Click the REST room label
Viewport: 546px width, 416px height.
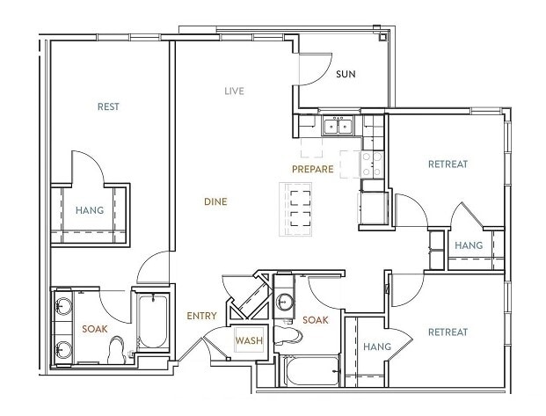tap(108, 106)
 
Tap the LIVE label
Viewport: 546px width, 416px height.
tap(234, 91)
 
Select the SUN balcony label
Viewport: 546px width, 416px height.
tap(346, 74)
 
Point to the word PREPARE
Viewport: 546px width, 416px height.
tap(313, 169)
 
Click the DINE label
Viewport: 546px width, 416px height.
tap(215, 202)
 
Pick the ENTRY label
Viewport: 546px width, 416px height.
tap(202, 317)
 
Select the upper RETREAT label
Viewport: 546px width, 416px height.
tap(448, 164)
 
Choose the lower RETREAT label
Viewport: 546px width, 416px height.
tap(448, 332)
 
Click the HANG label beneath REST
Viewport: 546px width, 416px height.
tap(90, 211)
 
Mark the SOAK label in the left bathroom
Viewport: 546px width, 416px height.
tap(95, 329)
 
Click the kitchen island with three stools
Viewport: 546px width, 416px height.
tap(295, 209)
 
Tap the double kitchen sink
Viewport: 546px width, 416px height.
tap(337, 128)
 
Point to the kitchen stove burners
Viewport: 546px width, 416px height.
tap(371, 162)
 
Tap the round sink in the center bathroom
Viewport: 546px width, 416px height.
tap(284, 302)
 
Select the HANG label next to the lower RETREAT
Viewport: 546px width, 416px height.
tap(377, 347)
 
